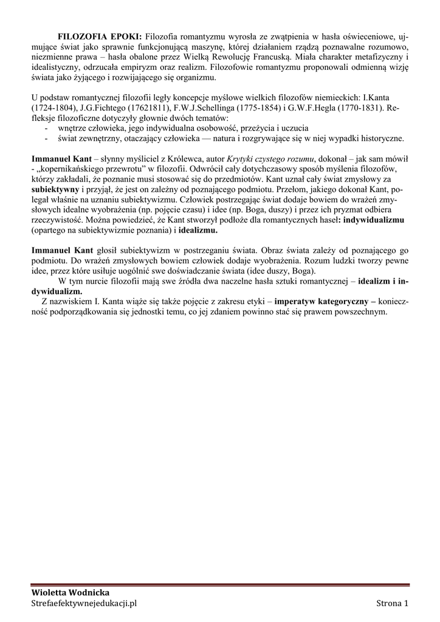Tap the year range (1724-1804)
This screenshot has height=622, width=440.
coord(54,106)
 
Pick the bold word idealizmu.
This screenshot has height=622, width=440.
coord(198,231)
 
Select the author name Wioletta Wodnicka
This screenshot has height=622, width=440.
coord(70,592)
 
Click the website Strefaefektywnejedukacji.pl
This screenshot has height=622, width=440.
coord(84,603)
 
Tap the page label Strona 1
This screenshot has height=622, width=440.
coord(392,603)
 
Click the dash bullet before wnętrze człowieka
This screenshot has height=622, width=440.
coord(47,128)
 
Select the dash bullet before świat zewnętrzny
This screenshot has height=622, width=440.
coord(47,138)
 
